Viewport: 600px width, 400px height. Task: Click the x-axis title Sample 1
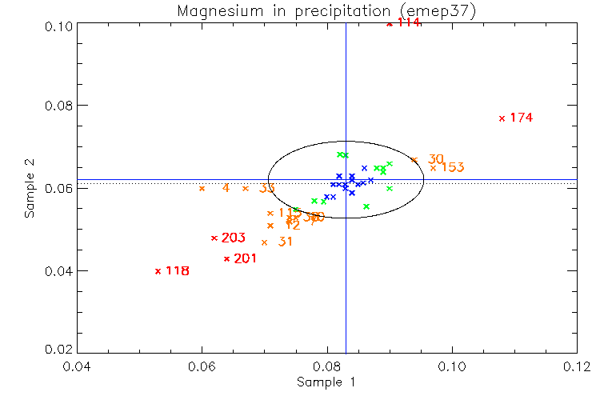pos(326,382)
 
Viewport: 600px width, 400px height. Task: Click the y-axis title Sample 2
pos(30,189)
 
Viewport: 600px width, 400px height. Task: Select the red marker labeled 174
pos(502,118)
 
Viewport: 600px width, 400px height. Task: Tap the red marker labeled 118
pos(158,270)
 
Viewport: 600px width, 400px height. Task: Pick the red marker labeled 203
pos(214,238)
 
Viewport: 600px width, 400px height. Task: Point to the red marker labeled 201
pos(226,258)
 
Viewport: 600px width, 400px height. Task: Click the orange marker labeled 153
pos(433,168)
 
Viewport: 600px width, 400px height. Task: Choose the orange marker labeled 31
pos(264,242)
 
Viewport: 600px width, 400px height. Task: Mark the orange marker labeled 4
pos(202,189)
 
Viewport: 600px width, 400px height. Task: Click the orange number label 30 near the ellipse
pos(436,159)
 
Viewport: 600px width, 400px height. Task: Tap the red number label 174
pos(521,118)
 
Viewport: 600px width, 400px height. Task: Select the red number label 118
pos(177,271)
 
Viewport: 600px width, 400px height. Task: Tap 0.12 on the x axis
pos(577,367)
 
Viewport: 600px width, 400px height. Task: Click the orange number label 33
pos(267,189)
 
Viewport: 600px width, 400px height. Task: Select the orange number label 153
pos(453,168)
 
